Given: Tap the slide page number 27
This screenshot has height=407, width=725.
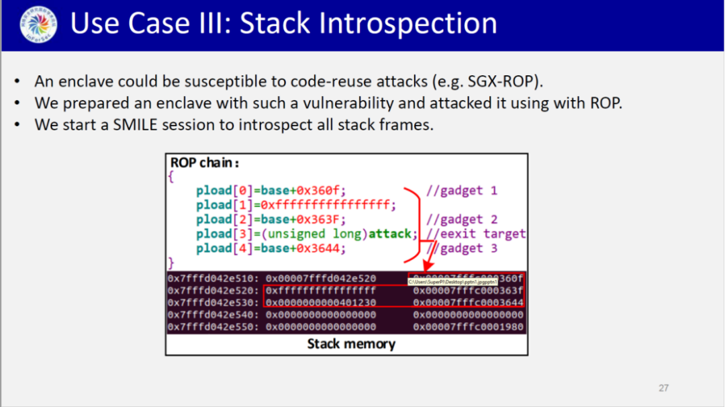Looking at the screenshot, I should point(663,388).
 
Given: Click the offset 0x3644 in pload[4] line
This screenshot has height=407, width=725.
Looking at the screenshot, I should point(323,248).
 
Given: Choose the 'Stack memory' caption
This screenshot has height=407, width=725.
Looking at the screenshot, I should point(351,344).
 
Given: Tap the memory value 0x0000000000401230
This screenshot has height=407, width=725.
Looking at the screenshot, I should point(321,303).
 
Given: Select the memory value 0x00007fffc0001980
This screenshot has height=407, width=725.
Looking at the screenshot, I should point(468,327).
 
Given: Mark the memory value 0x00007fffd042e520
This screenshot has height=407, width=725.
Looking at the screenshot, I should point(321,279).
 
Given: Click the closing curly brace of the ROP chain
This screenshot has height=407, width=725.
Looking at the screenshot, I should point(171,261).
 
